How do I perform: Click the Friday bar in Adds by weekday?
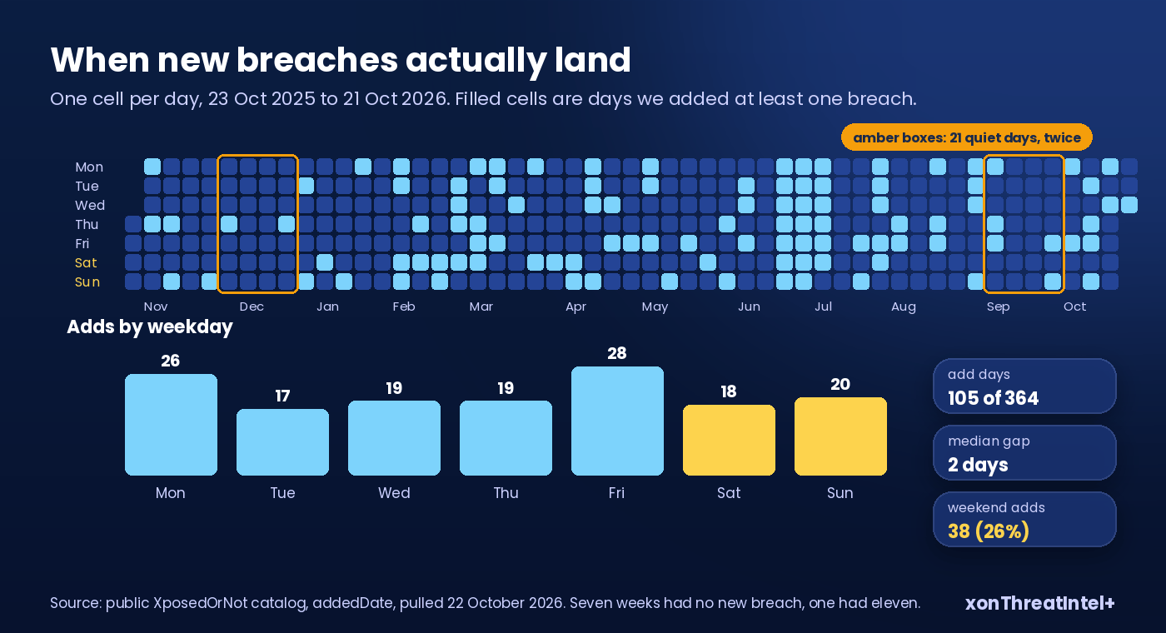coord(617,421)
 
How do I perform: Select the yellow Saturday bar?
coord(729,440)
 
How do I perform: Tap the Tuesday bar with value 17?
coord(282,442)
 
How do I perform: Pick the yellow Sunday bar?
coord(840,436)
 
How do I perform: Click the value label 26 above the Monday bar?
coord(170,361)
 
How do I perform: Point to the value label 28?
coord(617,353)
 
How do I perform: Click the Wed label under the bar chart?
coord(394,492)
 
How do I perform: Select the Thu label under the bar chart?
coord(506,492)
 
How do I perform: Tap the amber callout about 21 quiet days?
coord(967,137)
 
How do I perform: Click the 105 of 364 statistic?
coord(993,398)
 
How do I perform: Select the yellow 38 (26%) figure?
coord(989,531)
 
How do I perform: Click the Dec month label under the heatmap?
coord(252,307)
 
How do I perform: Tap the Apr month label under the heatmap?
coord(576,307)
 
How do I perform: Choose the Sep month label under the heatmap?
coord(999,307)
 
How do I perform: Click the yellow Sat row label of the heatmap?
coord(86,263)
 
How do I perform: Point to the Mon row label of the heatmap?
coord(89,167)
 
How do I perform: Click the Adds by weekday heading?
coord(150,326)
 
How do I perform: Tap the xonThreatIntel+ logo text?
coord(1039,603)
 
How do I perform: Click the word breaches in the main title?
coord(317,60)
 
